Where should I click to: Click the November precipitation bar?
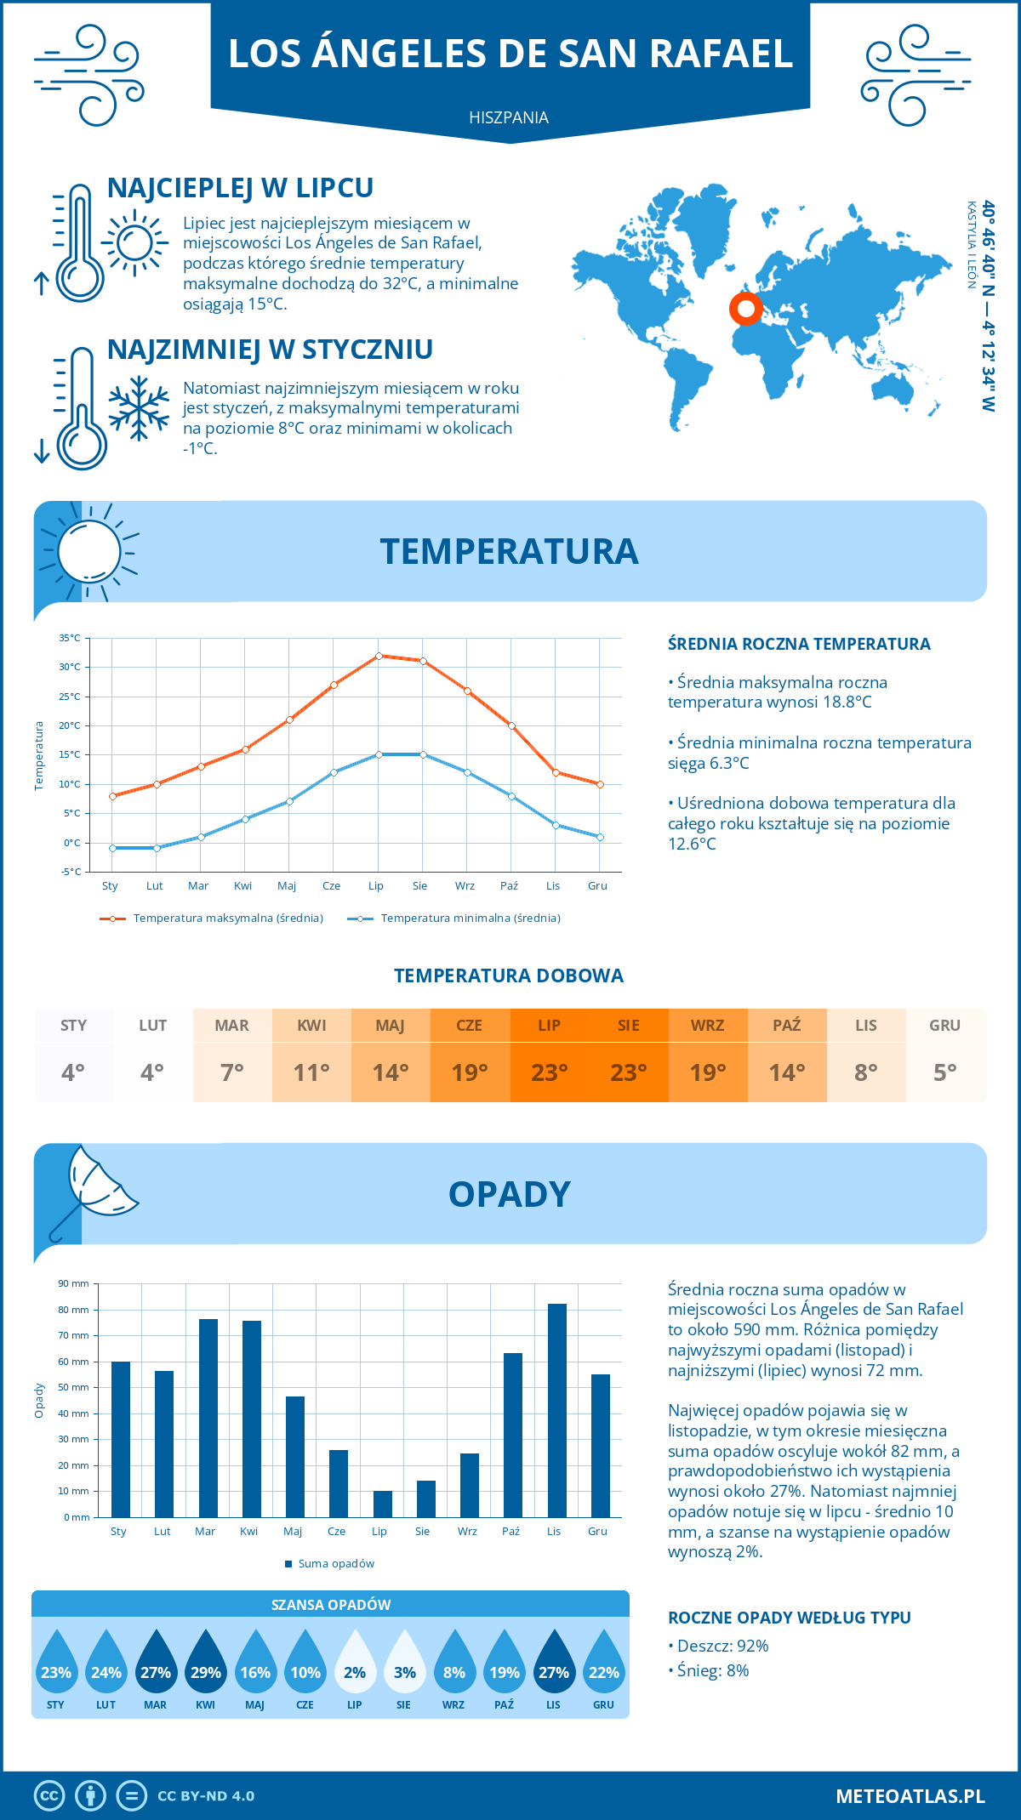[556, 1410]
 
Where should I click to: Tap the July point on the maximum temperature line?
[379, 656]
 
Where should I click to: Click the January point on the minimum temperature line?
[112, 848]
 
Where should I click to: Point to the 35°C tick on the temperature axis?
[70, 638]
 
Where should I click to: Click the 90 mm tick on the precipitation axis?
[73, 1283]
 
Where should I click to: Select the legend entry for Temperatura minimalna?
[454, 919]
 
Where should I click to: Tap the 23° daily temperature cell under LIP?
[549, 1072]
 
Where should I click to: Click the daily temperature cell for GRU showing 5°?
[945, 1072]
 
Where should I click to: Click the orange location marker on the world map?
[746, 309]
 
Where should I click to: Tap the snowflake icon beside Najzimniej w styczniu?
[139, 407]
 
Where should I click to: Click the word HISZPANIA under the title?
[509, 117]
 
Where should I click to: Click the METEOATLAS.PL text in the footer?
[910, 1796]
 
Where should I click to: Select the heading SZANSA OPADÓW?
[330, 1605]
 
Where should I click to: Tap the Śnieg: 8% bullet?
[709, 1670]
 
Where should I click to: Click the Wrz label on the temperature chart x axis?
[465, 885]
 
